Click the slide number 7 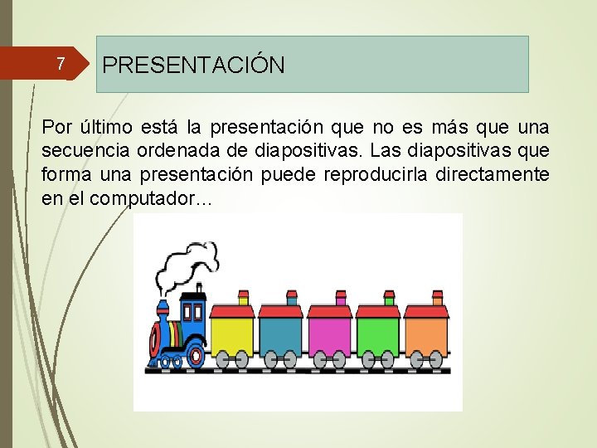click(59, 64)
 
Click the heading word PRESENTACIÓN click(194, 65)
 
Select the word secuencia click(80, 152)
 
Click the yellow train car click(231, 335)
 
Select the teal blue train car click(280, 335)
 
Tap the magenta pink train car click(329, 335)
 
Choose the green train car click(378, 335)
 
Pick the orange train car click(426, 335)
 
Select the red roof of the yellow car click(231, 312)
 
